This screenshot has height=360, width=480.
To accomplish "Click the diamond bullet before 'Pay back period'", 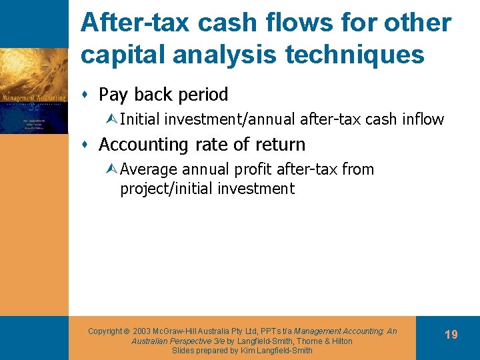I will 88,95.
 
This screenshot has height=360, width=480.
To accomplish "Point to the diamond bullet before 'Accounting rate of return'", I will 88,145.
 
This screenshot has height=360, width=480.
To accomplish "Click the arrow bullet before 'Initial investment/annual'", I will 113,120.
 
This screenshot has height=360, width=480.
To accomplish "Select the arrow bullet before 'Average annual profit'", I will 113,170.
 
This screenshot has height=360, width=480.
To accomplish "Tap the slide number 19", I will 451,335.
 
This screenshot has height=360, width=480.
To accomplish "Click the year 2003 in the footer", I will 142,331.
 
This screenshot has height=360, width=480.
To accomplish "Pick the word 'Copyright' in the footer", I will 105,331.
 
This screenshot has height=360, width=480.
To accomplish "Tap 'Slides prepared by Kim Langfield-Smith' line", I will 242,351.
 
